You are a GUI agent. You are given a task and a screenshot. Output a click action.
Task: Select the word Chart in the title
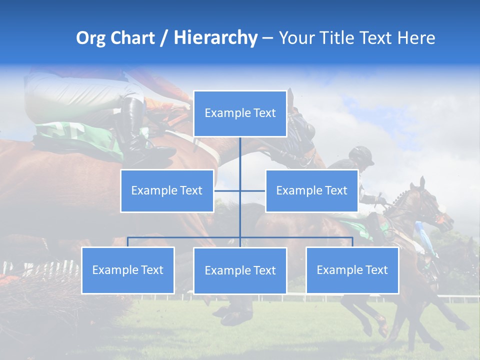click(x=133, y=38)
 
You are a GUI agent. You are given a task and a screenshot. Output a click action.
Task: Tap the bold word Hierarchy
click(x=215, y=38)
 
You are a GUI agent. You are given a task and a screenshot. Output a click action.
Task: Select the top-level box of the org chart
click(x=240, y=113)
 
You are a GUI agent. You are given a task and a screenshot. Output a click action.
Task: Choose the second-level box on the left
click(x=167, y=190)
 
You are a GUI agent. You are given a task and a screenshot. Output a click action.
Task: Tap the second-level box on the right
click(x=311, y=190)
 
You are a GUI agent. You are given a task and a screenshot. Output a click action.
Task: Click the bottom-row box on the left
click(x=128, y=270)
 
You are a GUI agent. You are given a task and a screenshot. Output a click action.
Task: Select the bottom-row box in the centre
click(x=240, y=270)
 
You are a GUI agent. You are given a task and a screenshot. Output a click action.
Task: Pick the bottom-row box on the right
click(x=352, y=270)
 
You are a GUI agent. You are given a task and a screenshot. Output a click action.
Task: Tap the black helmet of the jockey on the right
click(x=361, y=154)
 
